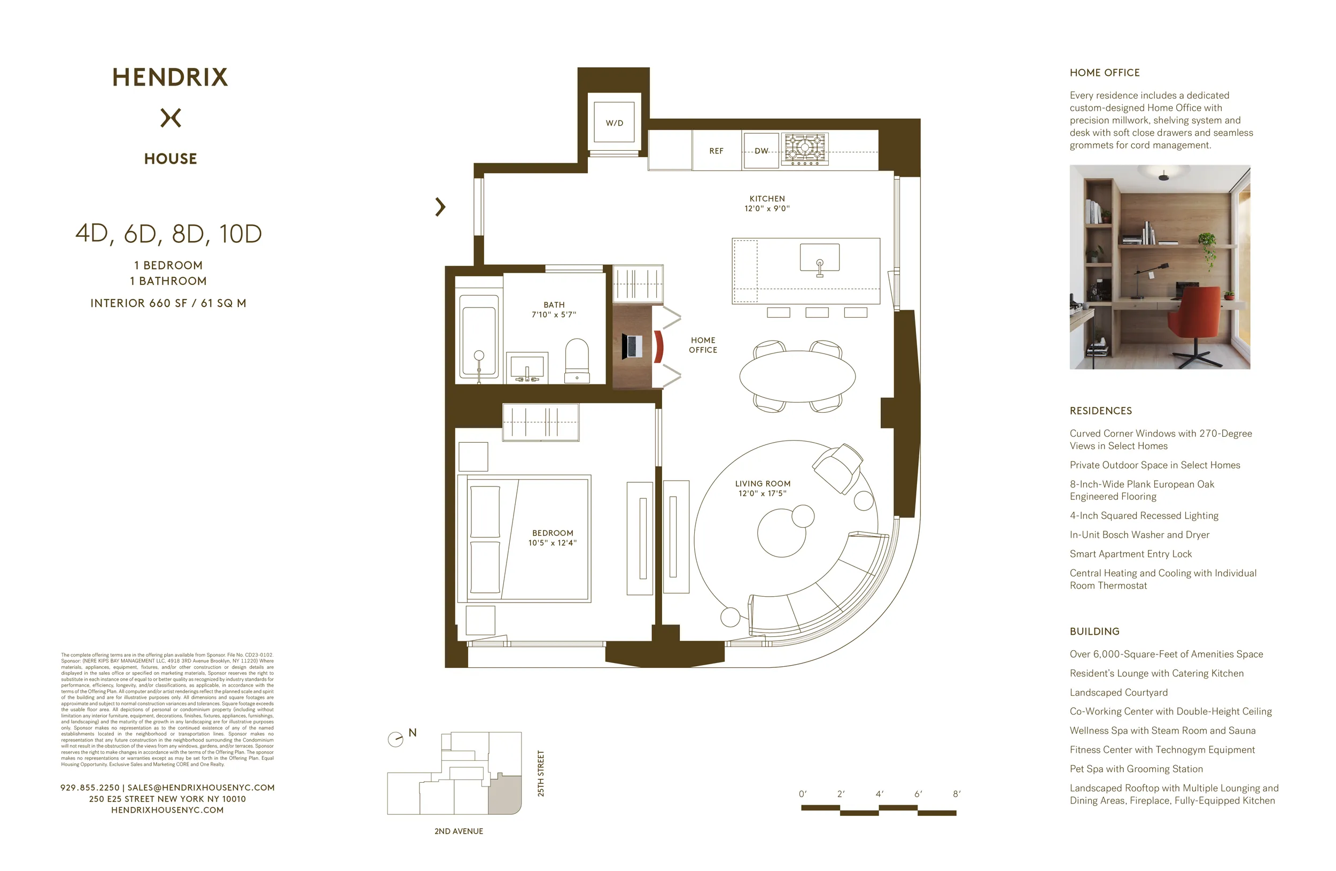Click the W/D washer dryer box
(614, 122)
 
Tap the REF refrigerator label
(716, 150)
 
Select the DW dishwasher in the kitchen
(760, 150)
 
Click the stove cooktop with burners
(805, 148)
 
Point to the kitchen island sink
(819, 258)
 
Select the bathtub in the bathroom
(478, 336)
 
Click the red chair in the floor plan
(658, 346)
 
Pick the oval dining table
(797, 376)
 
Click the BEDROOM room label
(553, 533)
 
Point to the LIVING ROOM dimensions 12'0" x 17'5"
(762, 493)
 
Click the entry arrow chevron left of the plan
(440, 207)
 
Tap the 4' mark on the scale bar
(879, 793)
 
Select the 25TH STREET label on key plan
(541, 773)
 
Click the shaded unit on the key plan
(504, 794)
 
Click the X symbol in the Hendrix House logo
(170, 118)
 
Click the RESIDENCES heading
(1100, 411)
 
